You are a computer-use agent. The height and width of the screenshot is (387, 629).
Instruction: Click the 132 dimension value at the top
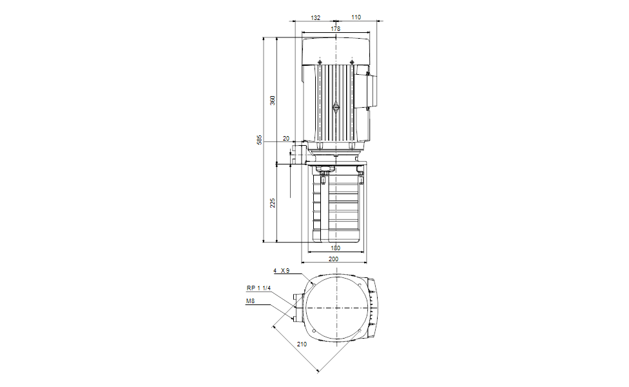point(315,17)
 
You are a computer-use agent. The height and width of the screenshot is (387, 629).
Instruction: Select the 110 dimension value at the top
point(356,17)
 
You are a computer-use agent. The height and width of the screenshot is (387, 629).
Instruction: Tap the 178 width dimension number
point(336,28)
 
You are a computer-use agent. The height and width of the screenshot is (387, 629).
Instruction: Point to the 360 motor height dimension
point(273,101)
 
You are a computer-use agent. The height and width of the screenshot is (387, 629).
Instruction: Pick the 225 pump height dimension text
point(273,203)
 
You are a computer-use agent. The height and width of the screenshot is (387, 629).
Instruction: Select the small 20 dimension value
point(286,139)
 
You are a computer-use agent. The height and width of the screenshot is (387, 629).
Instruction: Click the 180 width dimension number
point(335,248)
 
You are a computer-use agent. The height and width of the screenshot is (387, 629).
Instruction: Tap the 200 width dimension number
point(334,259)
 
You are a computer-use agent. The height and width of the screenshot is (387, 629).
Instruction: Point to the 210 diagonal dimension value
point(301,344)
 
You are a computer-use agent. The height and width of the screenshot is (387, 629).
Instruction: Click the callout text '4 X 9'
point(280,271)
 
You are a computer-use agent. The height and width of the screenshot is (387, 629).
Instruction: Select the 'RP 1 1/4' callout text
point(257,288)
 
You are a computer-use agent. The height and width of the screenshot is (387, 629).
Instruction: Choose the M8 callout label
point(250,301)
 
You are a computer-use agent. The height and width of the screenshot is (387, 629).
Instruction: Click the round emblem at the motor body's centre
point(336,108)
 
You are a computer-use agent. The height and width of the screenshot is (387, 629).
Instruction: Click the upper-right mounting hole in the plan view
point(359,284)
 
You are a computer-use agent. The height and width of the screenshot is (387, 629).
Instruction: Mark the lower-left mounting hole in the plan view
point(313,332)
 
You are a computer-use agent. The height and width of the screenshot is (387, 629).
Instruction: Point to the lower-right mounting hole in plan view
point(359,332)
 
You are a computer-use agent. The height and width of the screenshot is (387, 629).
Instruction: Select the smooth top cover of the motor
point(336,49)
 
